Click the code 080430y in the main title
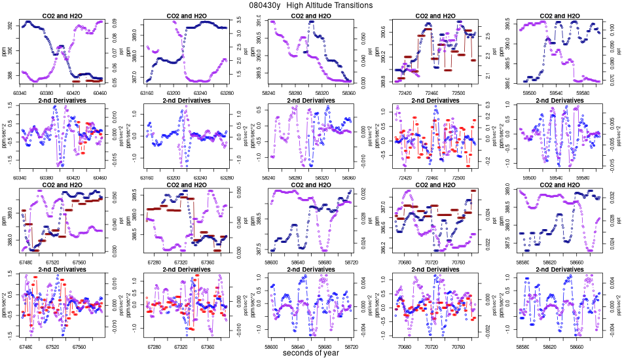(265, 5)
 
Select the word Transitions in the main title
(350, 5)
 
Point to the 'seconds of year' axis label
(311, 353)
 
